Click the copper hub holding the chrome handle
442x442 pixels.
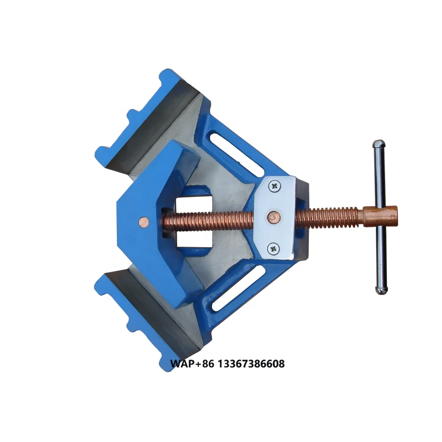point(381,216)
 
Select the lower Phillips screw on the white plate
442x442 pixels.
point(274,249)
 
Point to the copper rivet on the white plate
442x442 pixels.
point(273,216)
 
